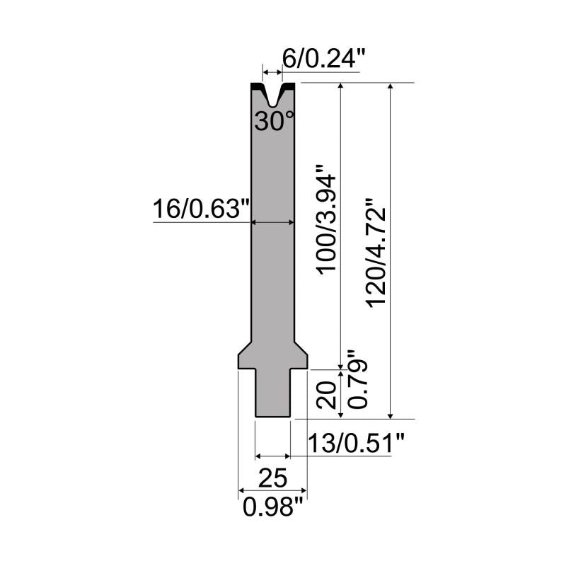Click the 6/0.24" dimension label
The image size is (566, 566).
click(x=324, y=59)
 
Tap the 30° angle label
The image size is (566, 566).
click(x=275, y=121)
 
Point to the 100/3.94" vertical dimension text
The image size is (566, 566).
click(x=327, y=220)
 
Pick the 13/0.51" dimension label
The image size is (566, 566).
click(x=356, y=443)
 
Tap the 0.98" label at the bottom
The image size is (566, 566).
click(x=272, y=507)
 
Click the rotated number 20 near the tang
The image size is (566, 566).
click(x=327, y=395)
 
